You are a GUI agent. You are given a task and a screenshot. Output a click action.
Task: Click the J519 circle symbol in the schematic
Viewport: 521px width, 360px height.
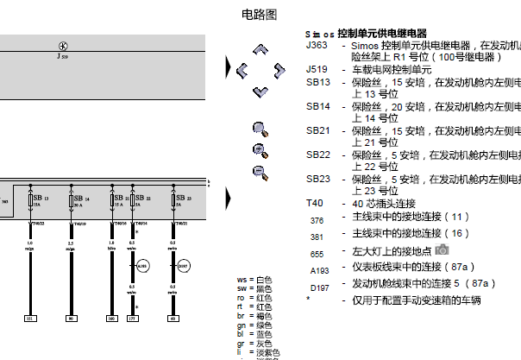point(62,46)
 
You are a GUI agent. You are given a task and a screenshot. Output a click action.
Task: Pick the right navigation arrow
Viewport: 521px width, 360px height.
point(279,69)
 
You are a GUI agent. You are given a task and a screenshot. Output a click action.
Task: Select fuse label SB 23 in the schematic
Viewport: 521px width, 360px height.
point(181,199)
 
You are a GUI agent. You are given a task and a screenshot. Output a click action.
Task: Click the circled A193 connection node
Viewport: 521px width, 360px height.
point(143,265)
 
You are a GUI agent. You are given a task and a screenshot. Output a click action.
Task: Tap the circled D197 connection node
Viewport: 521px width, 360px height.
point(182,265)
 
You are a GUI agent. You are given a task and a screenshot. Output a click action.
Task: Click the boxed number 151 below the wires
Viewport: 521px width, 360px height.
point(30,319)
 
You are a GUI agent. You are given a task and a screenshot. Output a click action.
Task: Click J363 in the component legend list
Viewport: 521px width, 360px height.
point(317,45)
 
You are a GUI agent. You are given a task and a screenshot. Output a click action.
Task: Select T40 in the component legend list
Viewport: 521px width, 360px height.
point(315,203)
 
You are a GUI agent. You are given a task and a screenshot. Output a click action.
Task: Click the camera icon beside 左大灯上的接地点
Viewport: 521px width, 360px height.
point(443,249)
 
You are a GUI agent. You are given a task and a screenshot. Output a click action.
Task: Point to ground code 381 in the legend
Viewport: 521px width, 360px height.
point(317,236)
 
